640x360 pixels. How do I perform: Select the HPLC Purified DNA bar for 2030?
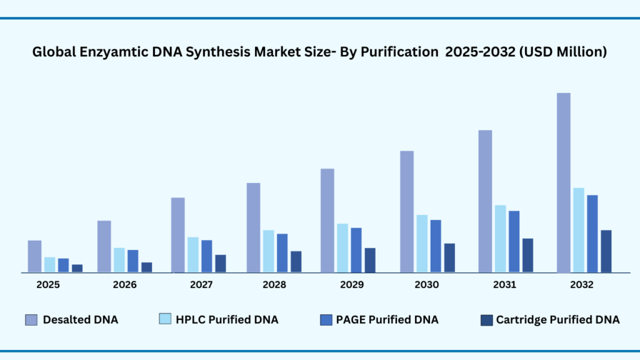422,244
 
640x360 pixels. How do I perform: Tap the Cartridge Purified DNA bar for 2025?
77,268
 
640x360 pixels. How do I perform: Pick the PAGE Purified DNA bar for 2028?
282,252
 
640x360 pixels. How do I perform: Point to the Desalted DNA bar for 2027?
177,234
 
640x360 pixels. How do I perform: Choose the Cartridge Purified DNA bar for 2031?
527,255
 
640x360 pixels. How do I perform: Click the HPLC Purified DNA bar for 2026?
119,260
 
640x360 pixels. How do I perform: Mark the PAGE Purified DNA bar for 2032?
592,233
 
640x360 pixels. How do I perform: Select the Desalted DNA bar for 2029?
327,220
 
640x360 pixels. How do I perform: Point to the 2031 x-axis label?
504,285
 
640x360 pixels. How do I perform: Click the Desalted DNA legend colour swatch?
32,320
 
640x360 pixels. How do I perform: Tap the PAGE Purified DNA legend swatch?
326,320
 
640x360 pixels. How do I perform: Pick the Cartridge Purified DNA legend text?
557,320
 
